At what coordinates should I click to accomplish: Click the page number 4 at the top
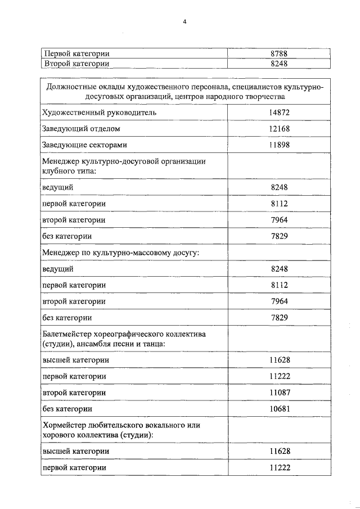(183, 22)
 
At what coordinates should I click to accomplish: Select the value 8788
(279, 54)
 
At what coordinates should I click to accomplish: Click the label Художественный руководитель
(97, 112)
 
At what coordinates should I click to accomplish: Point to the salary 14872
(279, 112)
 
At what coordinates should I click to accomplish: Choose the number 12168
(279, 129)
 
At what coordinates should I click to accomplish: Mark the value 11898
(279, 145)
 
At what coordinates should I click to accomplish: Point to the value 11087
(279, 392)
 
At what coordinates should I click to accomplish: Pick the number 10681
(279, 408)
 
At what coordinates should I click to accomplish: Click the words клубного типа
(69, 170)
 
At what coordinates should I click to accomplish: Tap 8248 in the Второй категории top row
(279, 64)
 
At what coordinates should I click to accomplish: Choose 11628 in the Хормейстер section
(279, 451)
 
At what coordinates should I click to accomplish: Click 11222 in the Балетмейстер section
(279, 376)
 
